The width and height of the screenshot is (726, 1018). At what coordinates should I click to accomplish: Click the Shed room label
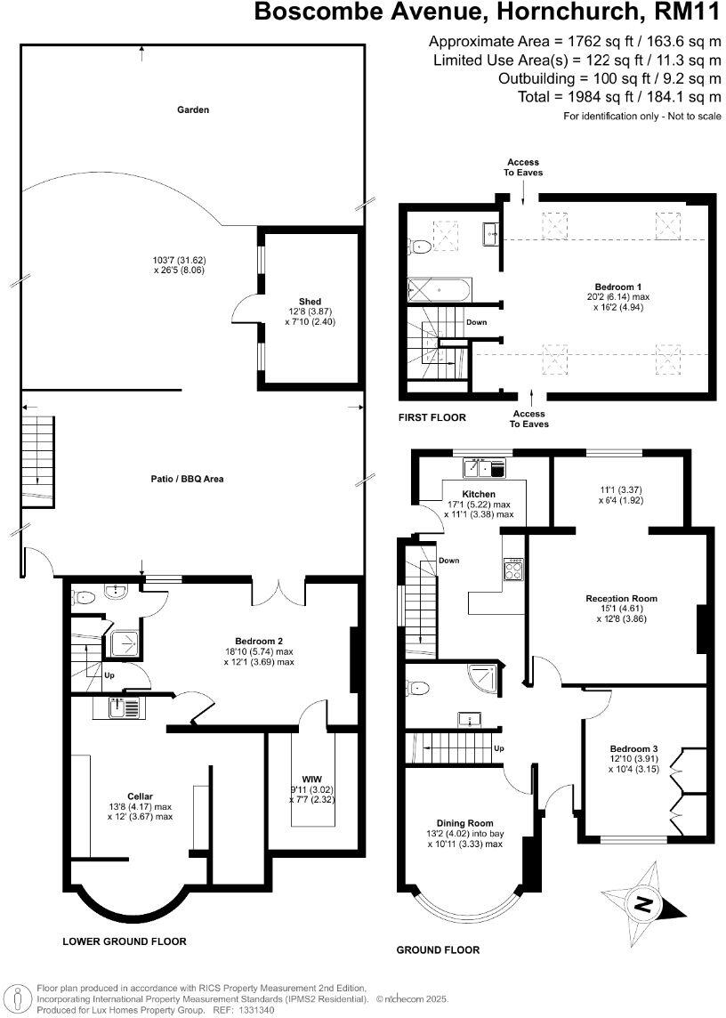311,301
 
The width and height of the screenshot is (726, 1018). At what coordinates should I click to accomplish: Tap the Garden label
192,110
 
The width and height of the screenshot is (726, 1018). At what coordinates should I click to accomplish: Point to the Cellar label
140,796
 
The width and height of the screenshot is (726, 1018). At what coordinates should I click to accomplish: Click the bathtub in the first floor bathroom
440,289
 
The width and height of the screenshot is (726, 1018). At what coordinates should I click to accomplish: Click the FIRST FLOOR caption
433,417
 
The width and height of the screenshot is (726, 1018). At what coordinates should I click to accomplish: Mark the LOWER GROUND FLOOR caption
124,941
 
